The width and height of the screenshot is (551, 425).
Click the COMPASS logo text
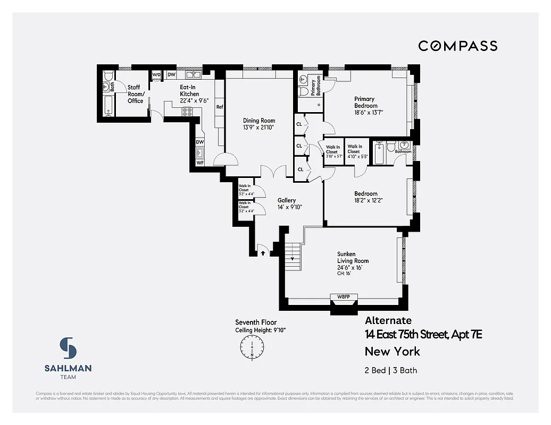(x=457, y=46)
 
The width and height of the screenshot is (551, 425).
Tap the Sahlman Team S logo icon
(x=68, y=348)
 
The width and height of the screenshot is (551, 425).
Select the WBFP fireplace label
(x=344, y=296)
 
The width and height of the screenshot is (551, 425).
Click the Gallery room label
(x=287, y=200)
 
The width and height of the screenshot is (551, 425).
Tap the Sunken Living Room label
(x=353, y=257)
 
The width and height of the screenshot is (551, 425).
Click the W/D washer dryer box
(x=156, y=75)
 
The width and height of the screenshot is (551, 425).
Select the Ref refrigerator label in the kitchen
(x=219, y=107)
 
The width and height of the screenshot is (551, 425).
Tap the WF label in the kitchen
(x=200, y=163)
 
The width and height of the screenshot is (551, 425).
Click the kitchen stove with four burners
(x=188, y=112)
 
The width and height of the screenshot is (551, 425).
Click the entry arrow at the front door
(x=263, y=253)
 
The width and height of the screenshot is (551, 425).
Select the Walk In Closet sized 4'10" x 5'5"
(x=355, y=152)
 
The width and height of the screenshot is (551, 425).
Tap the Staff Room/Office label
(x=135, y=94)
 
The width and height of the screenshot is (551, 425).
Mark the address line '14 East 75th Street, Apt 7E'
(x=423, y=335)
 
